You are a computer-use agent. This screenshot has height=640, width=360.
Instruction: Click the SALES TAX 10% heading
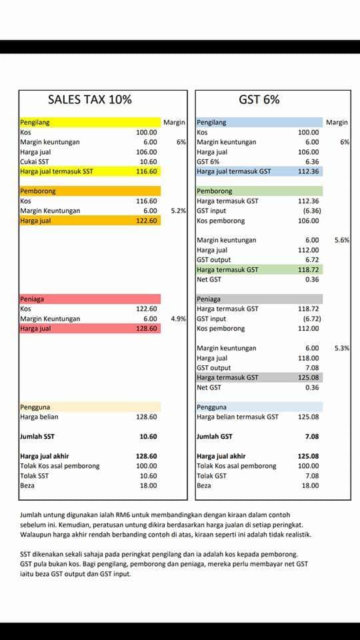[90, 99]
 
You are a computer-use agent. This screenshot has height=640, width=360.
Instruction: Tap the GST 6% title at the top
[259, 99]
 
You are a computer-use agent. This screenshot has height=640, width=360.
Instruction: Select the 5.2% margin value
[179, 211]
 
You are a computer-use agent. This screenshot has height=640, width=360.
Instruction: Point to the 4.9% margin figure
[179, 319]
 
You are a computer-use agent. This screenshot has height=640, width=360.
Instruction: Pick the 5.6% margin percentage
[342, 241]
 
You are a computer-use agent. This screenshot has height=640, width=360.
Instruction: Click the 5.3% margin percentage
[342, 348]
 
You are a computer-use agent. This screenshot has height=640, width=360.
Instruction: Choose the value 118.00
[308, 358]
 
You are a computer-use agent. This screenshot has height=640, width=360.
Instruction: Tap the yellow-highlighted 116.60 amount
[146, 171]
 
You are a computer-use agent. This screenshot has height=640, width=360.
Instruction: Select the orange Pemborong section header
[90, 191]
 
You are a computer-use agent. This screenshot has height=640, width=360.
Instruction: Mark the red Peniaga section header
[90, 299]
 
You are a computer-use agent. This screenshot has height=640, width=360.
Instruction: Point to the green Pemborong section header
[259, 191]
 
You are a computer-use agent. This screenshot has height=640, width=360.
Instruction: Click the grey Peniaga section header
[259, 299]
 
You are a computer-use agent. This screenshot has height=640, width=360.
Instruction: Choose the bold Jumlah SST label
[37, 436]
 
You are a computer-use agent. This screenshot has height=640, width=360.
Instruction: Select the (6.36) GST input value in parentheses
[311, 211]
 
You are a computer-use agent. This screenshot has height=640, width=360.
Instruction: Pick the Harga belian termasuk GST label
[237, 417]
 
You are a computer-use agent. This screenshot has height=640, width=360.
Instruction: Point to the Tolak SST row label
[34, 475]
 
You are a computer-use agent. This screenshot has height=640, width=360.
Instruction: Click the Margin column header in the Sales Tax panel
[174, 122]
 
